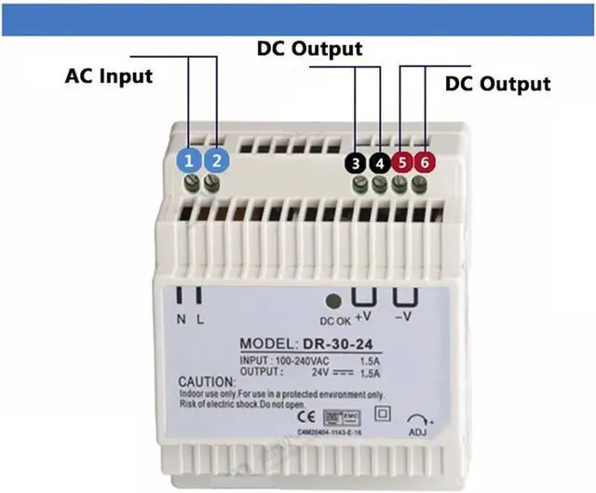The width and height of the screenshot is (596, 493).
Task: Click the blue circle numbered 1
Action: tap(189, 160)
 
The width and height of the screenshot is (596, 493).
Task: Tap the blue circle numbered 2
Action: tap(216, 160)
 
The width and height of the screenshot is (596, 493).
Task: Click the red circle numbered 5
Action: tap(402, 162)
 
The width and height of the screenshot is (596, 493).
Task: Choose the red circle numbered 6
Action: tap(425, 162)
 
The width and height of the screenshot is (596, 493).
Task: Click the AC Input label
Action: tap(108, 75)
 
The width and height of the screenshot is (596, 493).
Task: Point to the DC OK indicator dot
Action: tap(332, 301)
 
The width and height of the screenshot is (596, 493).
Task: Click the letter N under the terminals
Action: tap(183, 320)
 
